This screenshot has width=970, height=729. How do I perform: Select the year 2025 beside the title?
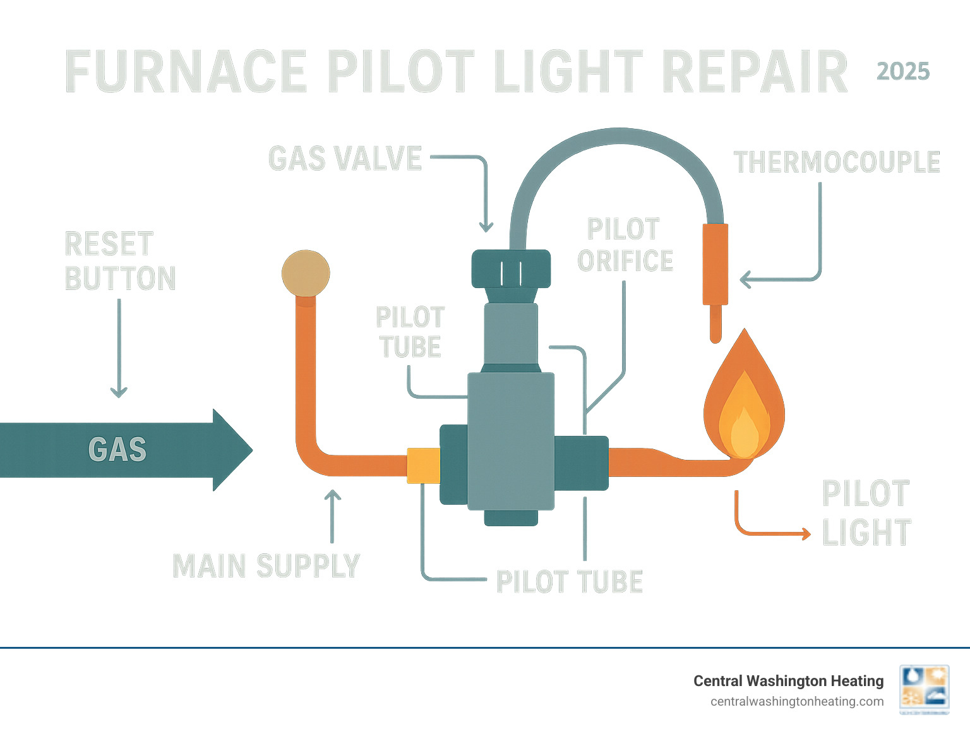(903, 71)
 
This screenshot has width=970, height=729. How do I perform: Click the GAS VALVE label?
(345, 159)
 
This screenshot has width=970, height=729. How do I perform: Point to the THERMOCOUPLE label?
(837, 162)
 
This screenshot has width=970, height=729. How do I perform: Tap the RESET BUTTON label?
(120, 262)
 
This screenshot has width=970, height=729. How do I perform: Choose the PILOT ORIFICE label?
(625, 245)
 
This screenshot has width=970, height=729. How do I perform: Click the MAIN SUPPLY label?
(266, 566)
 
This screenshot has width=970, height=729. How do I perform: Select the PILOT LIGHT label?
(866, 513)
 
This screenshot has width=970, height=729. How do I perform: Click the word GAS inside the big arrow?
(117, 450)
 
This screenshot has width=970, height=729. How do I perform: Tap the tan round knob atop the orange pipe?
(306, 274)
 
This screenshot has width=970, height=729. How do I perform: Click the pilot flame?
(744, 404)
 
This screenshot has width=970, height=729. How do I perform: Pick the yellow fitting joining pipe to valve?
(423, 466)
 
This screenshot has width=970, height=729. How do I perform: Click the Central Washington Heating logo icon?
(925, 690)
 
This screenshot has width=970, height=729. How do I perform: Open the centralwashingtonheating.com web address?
(797, 701)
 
